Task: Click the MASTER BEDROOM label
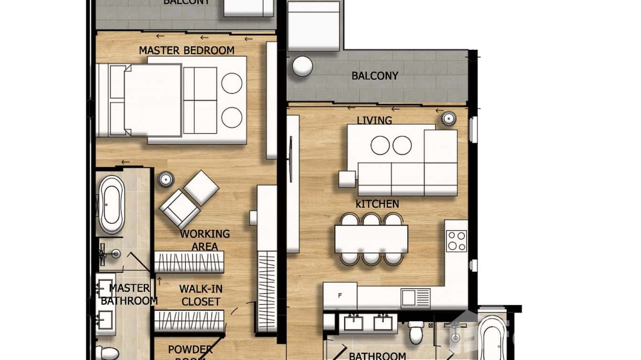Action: point(186,50)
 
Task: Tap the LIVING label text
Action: point(374,120)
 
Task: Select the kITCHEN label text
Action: point(377,204)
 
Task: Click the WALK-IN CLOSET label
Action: point(201,295)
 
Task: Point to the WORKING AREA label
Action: point(204,240)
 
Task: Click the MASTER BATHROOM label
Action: point(129,295)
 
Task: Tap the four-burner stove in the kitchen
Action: point(456,241)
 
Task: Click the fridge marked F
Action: point(340,296)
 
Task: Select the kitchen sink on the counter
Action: point(409,298)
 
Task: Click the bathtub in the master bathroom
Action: point(112,204)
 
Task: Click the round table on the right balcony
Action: point(302,66)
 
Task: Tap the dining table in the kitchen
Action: point(371,239)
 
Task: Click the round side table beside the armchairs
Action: point(166,180)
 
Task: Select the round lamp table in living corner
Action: point(449,118)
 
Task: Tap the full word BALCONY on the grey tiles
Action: point(374,76)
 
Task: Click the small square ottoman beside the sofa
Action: point(347,179)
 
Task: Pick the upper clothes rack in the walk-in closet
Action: point(189,262)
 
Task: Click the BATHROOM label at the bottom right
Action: point(377,356)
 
